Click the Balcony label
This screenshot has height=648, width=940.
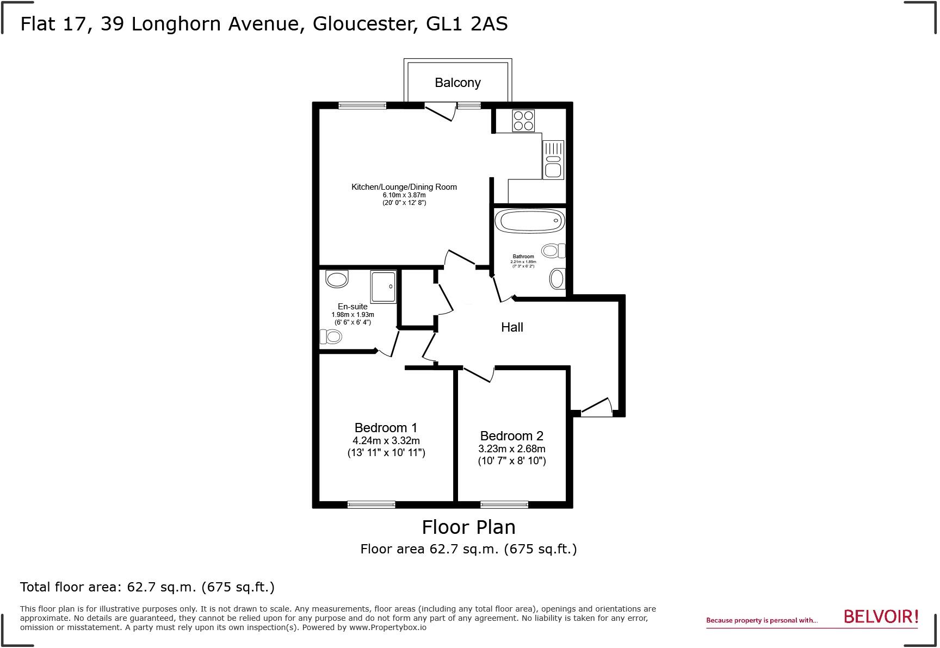457,83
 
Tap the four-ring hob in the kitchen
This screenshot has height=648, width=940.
523,121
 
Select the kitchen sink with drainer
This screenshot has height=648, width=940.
553,160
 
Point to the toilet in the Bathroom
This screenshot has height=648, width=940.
554,251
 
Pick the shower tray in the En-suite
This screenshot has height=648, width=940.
384,286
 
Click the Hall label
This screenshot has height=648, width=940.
512,327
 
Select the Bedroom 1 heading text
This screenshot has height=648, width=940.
386,428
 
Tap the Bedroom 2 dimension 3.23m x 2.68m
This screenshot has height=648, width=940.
511,449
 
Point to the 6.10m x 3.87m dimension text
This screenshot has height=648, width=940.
404,195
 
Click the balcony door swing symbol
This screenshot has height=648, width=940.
440,111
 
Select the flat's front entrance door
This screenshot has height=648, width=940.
596,408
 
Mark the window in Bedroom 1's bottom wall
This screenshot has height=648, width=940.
372,504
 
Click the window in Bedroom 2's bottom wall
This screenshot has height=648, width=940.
504,504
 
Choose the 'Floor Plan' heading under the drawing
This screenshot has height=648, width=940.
468,527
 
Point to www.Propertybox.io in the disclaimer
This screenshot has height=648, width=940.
387,627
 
